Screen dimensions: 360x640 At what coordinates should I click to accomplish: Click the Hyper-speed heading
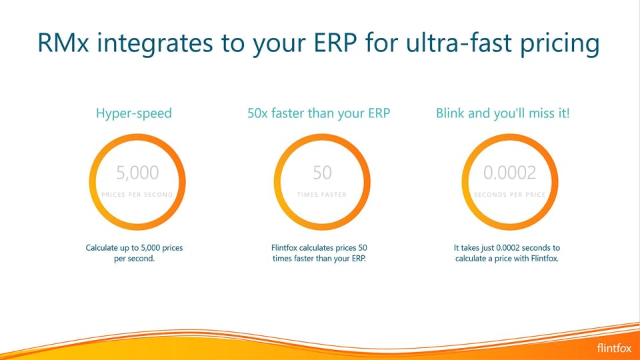134,113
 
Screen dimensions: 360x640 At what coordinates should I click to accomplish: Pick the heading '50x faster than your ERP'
319,113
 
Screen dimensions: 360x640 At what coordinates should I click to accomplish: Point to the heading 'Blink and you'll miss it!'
503,113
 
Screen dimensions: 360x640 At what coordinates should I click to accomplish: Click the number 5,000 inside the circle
137,173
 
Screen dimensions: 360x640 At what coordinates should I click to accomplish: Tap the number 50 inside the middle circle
322,173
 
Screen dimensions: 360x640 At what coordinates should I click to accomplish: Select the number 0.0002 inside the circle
509,173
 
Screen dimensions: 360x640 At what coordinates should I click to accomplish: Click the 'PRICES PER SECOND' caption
137,195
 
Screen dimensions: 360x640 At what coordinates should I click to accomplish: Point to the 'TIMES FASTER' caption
322,195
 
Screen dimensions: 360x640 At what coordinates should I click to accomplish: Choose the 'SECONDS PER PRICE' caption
509,195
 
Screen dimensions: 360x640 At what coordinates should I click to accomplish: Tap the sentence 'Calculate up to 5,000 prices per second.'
134,253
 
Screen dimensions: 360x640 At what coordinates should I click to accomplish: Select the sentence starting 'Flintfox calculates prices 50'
319,253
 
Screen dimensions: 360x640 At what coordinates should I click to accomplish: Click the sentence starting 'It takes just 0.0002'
506,253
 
